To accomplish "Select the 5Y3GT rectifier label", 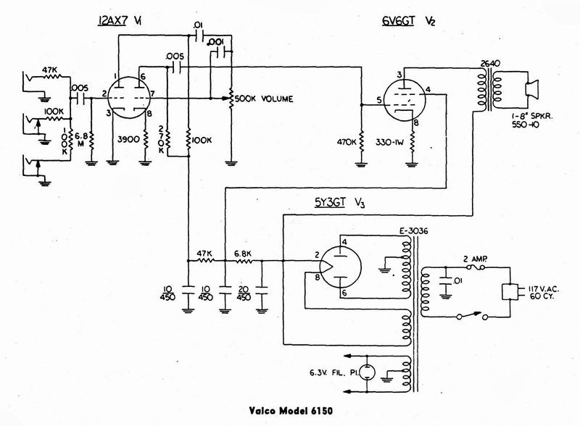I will (x=332, y=204).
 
